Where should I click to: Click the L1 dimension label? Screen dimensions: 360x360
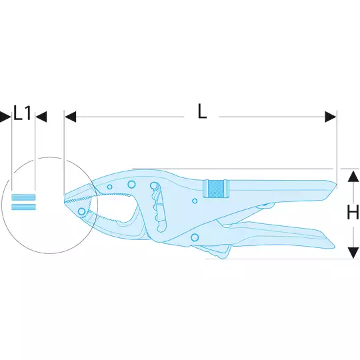pos(22,113)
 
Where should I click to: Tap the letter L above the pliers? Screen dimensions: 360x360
pos(202,111)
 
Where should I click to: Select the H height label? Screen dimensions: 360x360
pos(353,212)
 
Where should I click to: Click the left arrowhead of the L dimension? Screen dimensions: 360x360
pos(70,117)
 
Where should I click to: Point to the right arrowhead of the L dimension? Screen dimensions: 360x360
pos(331,117)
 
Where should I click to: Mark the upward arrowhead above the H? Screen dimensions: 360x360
pos(353,177)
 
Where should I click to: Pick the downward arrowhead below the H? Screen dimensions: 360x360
pos(353,253)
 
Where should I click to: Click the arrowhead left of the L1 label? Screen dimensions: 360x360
pos(5,117)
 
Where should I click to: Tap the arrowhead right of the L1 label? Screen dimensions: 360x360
pos(41,117)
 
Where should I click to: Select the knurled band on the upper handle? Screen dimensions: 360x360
pos(216,189)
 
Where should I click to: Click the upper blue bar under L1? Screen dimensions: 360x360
pos(23,197)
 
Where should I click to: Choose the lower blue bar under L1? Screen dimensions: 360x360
pos(23,207)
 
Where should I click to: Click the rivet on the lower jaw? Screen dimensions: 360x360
pos(82,211)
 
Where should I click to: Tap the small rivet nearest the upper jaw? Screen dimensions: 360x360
pos(110,187)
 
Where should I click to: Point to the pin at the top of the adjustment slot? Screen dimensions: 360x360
pos(154,185)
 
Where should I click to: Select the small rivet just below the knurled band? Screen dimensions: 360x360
pos(195,201)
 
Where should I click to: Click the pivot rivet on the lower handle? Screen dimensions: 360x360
pos(195,237)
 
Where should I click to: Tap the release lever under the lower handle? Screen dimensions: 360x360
pos(213,251)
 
